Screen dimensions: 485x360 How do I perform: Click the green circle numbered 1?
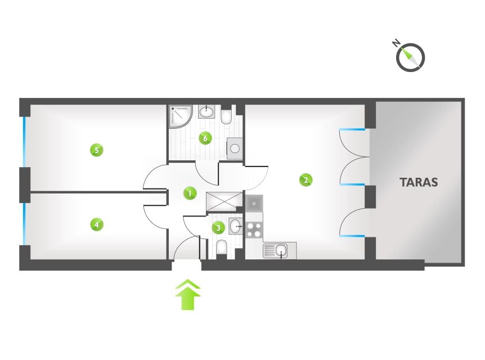coord(190,193)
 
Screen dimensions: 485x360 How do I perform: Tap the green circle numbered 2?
coord(306,179)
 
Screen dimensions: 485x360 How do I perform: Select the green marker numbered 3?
coord(218,228)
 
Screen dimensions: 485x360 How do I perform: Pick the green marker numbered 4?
coord(97,224)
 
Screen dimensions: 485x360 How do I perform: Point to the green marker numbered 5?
coord(97,150)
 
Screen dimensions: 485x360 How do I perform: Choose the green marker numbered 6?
coord(205,138)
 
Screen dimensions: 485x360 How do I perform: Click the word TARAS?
coord(419,182)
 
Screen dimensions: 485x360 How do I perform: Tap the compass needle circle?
coord(411,57)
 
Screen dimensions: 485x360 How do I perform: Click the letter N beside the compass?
coord(396,43)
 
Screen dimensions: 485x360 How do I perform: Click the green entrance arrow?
coord(188,295)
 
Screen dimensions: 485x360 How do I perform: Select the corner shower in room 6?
coord(181,116)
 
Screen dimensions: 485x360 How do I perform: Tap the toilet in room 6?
coord(226,116)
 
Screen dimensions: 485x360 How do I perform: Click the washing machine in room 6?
coord(235,148)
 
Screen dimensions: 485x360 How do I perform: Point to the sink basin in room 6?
coord(206,111)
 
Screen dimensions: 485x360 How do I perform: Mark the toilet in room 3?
coord(222,247)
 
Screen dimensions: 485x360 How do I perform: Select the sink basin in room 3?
coord(236,226)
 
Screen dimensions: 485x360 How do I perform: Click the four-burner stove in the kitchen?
coord(254,230)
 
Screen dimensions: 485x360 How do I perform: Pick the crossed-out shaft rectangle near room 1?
coord(224,202)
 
